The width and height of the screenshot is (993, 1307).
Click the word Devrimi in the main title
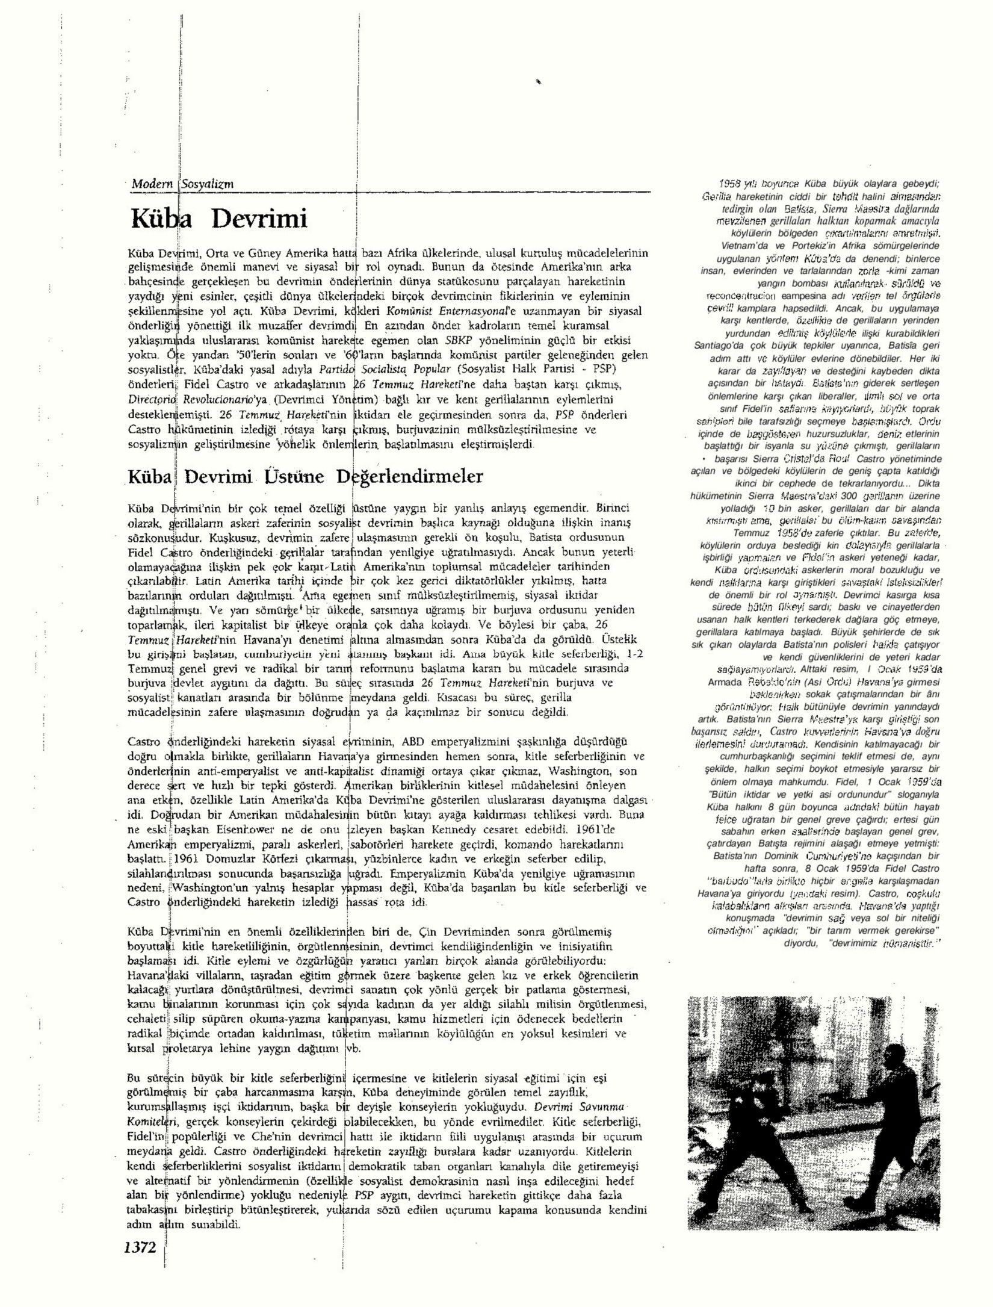(x=259, y=219)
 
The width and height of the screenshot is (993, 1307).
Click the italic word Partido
(x=337, y=369)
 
